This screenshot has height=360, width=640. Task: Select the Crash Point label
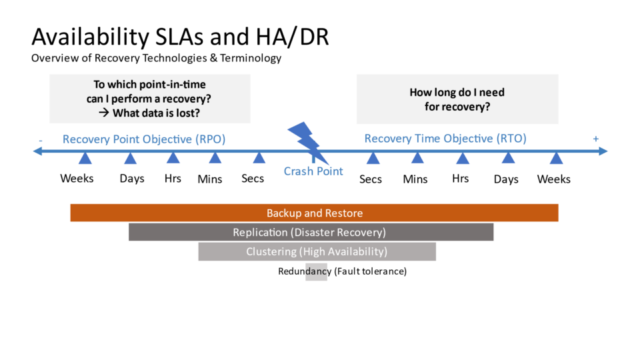point(313,171)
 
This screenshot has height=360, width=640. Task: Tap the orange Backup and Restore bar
point(314,213)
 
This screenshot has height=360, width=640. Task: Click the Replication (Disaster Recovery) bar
point(310,232)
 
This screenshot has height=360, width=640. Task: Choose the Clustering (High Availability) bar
point(317,251)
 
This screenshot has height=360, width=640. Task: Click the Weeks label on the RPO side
point(77,178)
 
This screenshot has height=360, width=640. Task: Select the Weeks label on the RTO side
point(553,179)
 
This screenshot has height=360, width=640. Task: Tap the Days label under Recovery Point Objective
point(132,179)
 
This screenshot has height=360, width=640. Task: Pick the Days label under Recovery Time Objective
point(506,179)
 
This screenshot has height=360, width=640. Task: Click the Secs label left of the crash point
point(253,178)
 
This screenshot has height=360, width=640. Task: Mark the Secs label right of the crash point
point(371,179)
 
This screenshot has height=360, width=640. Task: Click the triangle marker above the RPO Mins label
point(215,158)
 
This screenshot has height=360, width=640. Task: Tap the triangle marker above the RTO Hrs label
point(462,158)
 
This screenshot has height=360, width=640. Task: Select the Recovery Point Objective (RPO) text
point(144,139)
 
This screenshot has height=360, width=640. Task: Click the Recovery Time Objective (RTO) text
point(445,139)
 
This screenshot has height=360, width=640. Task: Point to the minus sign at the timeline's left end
point(41,140)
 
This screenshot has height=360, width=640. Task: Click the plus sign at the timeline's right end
point(595,139)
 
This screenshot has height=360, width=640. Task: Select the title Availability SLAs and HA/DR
point(180,36)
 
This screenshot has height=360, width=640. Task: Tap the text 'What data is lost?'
point(157,113)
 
